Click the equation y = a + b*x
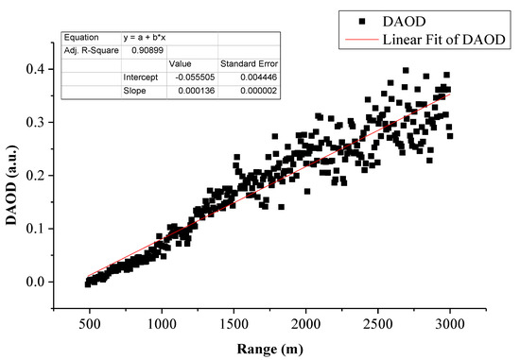(146, 37)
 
